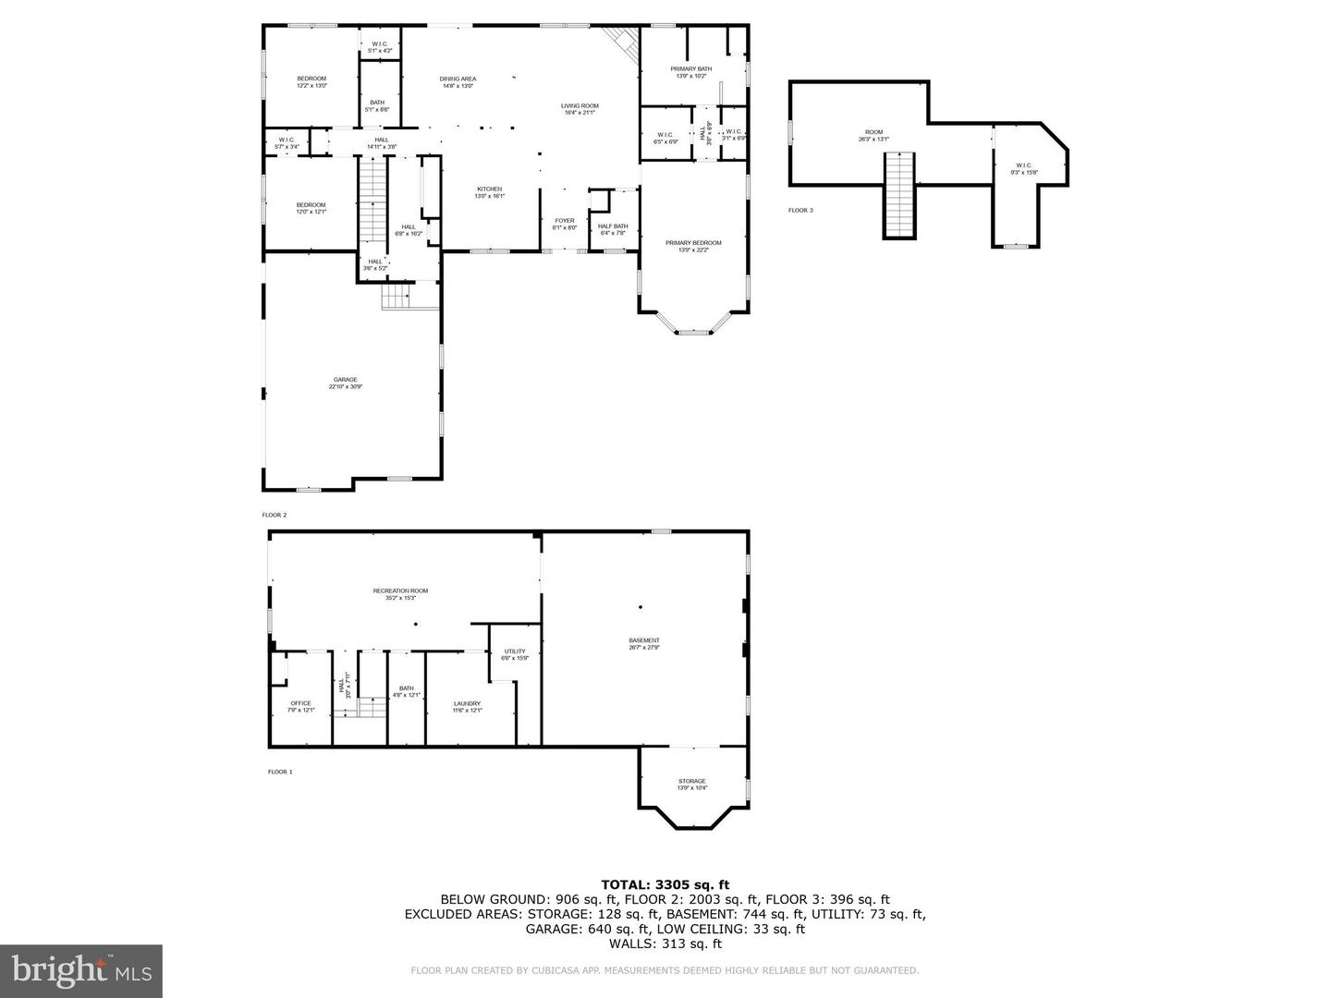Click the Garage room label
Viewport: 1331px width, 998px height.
click(345, 383)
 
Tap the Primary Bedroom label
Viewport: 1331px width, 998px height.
click(693, 246)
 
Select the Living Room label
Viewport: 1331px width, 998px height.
click(580, 109)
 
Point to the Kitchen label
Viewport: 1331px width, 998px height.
click(489, 192)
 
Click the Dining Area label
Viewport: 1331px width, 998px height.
click(458, 82)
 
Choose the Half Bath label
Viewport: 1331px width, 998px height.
click(613, 229)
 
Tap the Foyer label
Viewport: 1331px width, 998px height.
click(564, 224)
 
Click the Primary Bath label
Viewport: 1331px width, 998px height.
click(690, 72)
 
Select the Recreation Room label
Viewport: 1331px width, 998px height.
click(400, 594)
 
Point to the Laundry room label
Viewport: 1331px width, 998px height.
click(467, 707)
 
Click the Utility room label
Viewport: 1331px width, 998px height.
click(515, 654)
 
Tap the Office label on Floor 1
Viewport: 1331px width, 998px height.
click(300, 707)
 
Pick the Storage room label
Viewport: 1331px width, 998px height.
click(691, 785)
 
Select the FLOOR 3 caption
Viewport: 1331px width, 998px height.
click(800, 211)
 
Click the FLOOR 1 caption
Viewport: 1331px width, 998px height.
click(280, 772)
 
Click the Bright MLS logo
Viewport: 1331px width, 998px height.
click(81, 970)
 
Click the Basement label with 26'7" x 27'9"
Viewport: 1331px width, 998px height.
click(644, 644)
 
